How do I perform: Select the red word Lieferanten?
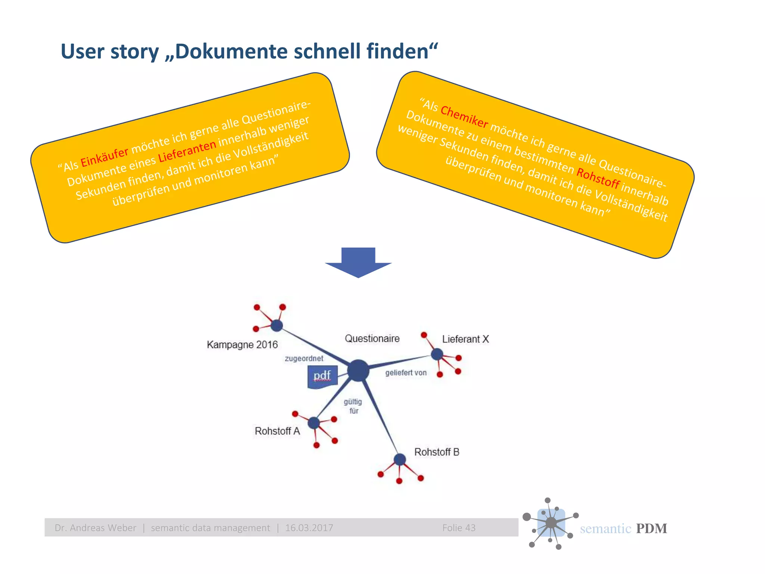[187, 151]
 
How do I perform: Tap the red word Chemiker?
[464, 117]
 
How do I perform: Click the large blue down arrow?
[358, 263]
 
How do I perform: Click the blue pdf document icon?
[322, 377]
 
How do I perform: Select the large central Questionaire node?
[358, 370]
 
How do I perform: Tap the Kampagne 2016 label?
[242, 345]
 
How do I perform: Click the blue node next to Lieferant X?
[437, 354]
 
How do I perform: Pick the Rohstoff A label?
[277, 431]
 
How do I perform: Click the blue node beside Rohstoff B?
[400, 459]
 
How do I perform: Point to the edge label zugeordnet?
[304, 359]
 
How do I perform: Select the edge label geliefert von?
[406, 373]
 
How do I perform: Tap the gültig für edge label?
[353, 406]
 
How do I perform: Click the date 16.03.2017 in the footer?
[309, 528]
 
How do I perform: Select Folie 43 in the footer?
[459, 528]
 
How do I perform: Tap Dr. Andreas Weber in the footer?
[95, 528]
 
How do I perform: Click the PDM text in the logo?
[651, 528]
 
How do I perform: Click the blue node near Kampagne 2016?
[276, 325]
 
